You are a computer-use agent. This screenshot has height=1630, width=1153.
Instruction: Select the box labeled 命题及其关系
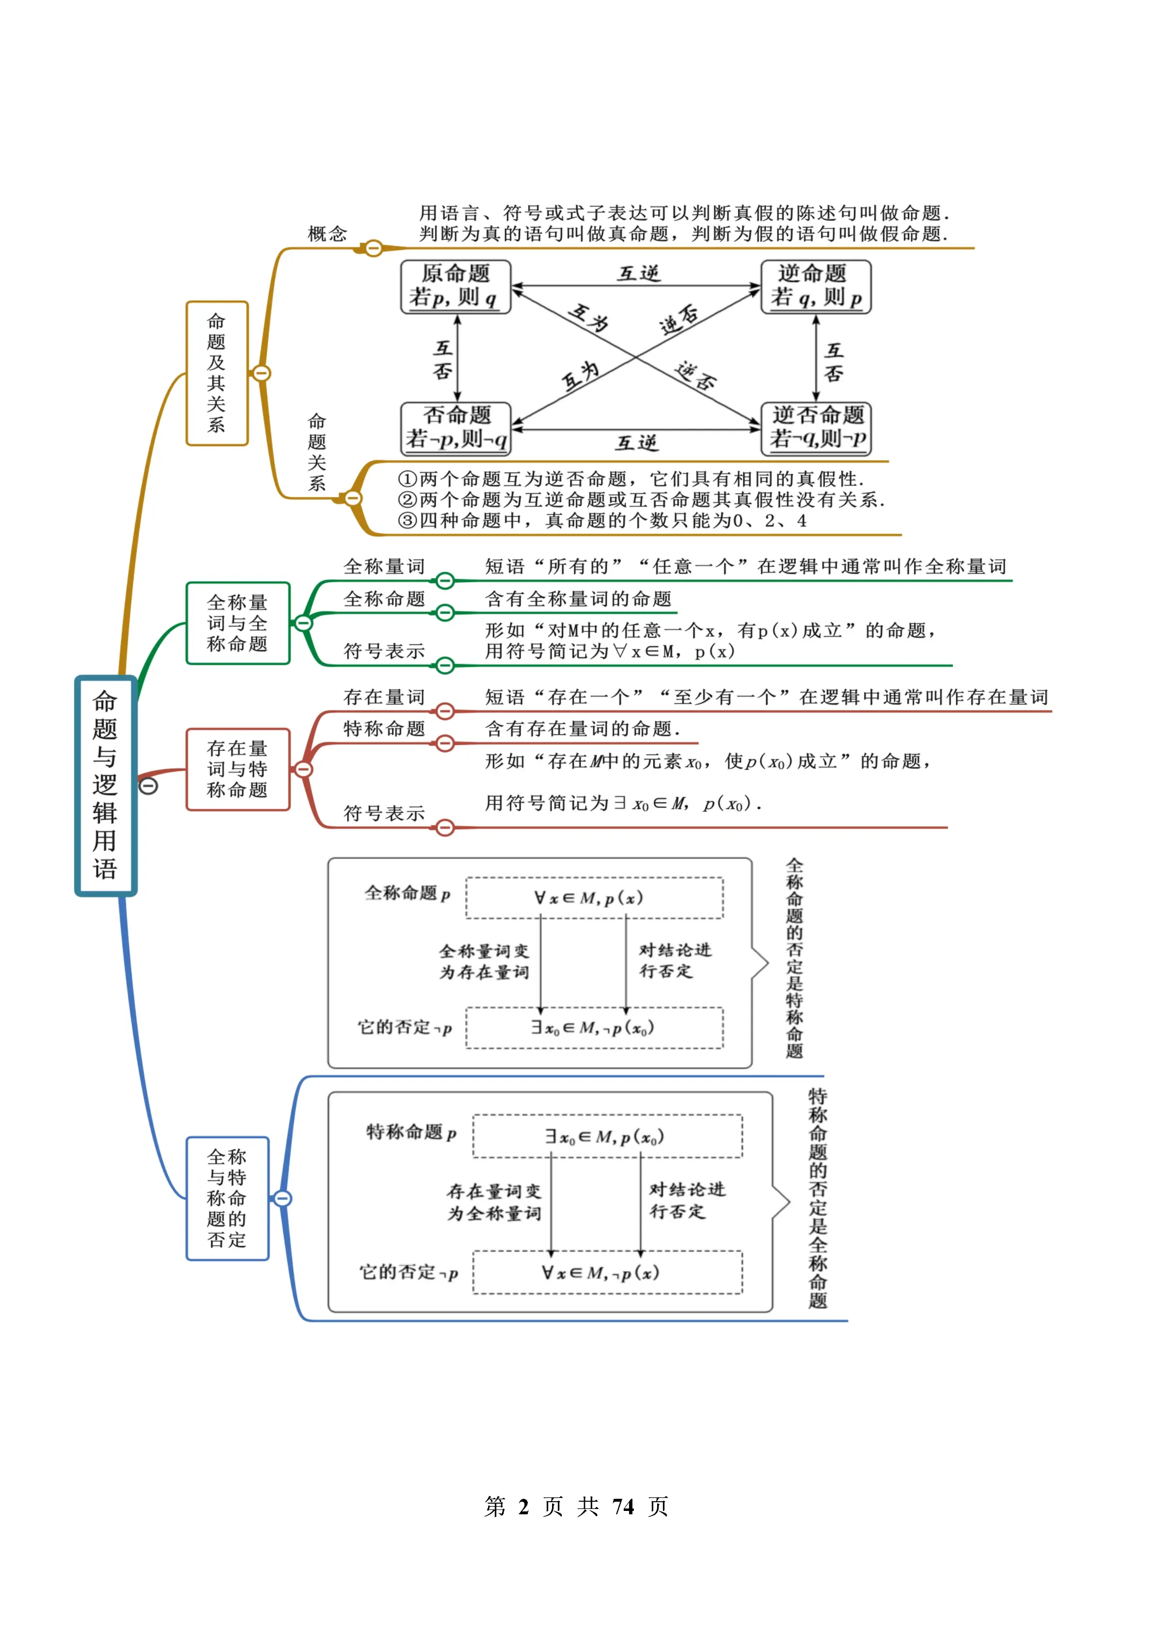[x=216, y=373]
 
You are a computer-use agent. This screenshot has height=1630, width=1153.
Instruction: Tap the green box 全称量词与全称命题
[x=237, y=624]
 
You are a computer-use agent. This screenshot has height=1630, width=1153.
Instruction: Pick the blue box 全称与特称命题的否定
[x=227, y=1198]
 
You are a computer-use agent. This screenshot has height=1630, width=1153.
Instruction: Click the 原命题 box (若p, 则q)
[x=455, y=286]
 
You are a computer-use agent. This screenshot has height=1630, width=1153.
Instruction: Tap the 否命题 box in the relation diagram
[x=455, y=428]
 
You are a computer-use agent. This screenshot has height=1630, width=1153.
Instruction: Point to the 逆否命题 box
[x=816, y=428]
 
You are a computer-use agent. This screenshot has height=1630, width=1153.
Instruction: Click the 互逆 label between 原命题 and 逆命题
[x=638, y=274]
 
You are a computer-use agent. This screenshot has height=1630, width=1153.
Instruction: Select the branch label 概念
[x=327, y=233]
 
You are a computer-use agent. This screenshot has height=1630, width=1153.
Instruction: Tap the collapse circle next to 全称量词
[x=445, y=581]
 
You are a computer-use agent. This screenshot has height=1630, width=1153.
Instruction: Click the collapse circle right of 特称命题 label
[x=445, y=743]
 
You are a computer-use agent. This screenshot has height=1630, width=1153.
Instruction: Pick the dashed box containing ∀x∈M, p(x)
[x=594, y=898]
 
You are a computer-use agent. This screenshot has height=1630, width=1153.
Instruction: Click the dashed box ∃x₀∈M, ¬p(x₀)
[x=594, y=1027]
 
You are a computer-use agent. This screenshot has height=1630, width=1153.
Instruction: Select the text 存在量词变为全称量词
[x=493, y=1202]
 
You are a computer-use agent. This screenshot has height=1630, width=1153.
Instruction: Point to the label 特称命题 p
[x=410, y=1132]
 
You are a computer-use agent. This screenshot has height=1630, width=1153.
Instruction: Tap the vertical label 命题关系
[x=317, y=452]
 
